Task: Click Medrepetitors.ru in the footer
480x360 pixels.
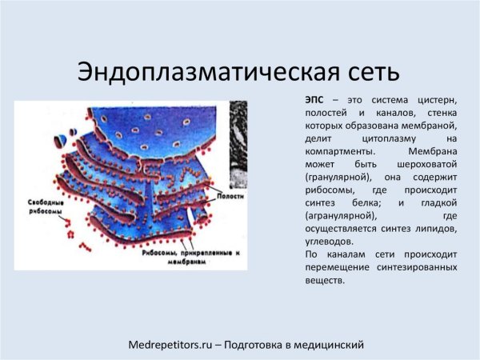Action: [x=170, y=344]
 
